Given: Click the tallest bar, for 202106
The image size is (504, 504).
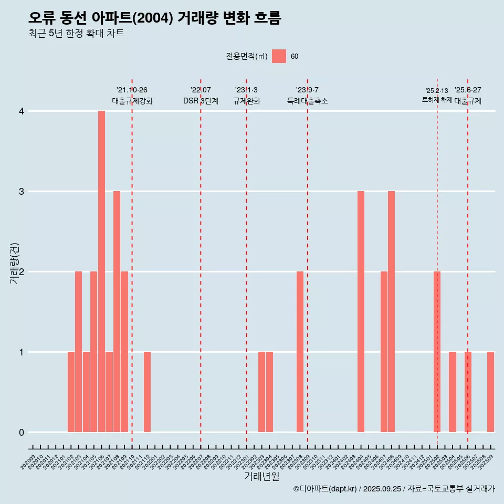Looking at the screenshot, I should click(101, 271).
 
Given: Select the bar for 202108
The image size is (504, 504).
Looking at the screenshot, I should click(117, 311).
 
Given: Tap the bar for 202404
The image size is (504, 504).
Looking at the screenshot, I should click(361, 311).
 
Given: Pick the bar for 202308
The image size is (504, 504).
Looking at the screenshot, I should click(300, 352).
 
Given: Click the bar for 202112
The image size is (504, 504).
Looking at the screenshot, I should click(147, 392).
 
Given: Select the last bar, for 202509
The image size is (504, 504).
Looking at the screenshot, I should click(490, 392).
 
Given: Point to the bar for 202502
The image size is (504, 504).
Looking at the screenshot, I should click(437, 352).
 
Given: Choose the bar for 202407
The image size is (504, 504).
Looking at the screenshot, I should click(384, 352).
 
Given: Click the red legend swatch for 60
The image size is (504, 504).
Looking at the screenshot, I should click(279, 56).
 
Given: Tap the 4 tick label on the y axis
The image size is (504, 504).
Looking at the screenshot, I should click(22, 111).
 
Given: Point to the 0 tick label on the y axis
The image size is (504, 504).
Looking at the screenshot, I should click(22, 432).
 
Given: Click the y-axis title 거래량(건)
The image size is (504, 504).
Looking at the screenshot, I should click(15, 263).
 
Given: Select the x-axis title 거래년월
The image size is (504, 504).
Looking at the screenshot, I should click(261, 476).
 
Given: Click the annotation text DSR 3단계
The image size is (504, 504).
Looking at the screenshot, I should click(201, 101).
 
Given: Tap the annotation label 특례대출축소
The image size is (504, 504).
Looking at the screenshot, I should click(308, 101).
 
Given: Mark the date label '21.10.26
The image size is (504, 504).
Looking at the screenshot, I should click(132, 90).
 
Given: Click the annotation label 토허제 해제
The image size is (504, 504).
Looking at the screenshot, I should click(437, 100).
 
